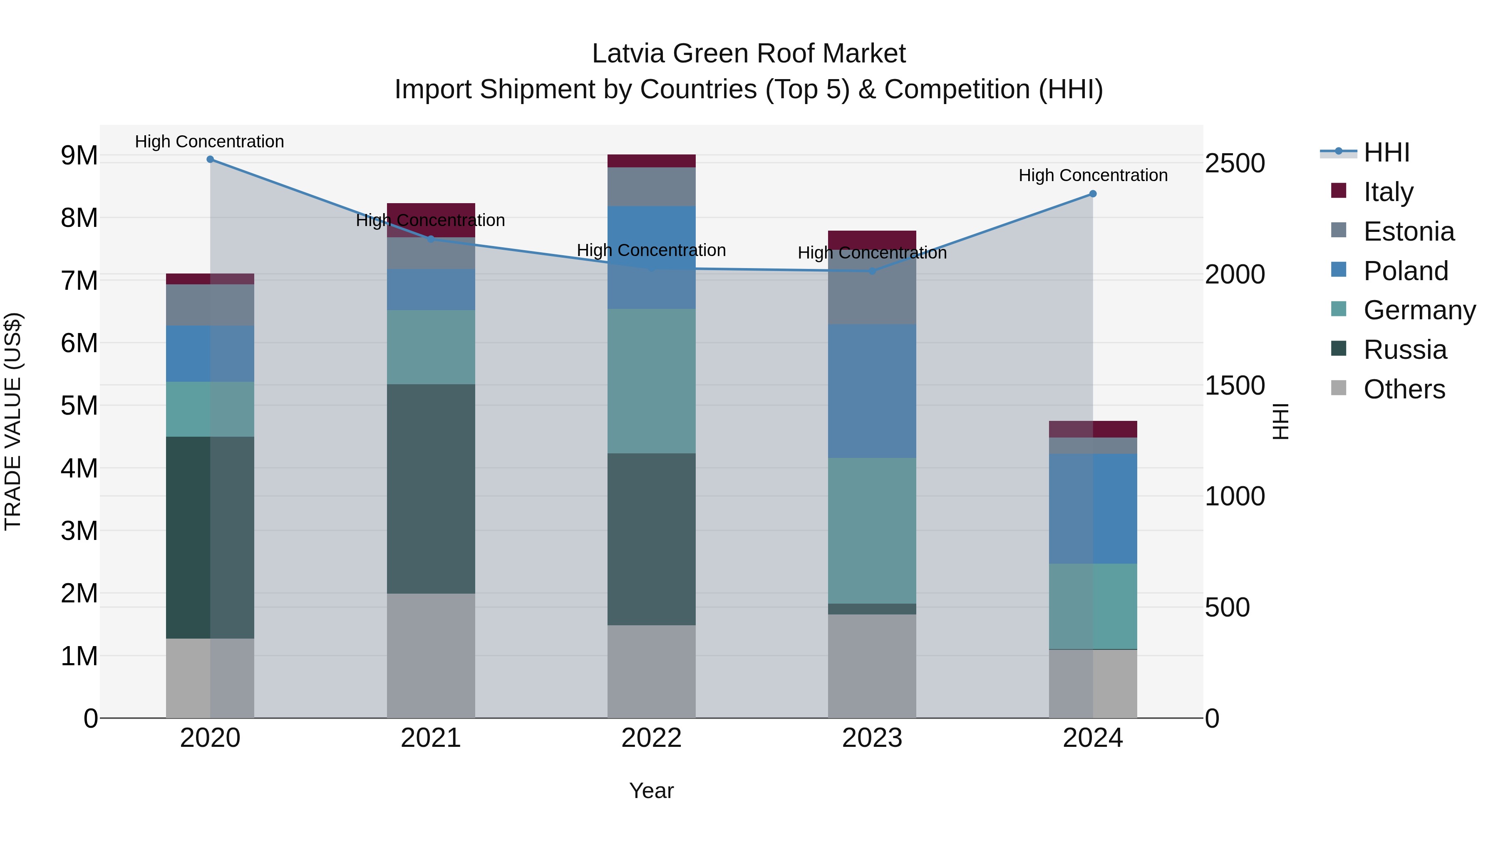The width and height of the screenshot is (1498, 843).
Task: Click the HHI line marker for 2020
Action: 210,159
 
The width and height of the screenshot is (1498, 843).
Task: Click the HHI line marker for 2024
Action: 1093,194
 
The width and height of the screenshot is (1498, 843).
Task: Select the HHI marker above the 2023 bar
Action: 872,271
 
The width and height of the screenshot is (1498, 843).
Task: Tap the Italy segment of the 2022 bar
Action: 651,161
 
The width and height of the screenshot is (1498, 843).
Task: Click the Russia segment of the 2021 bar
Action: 431,489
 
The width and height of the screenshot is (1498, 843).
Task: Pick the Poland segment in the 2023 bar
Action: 872,391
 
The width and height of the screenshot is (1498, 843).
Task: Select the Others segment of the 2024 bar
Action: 1093,684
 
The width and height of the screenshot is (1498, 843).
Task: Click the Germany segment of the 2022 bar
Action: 651,381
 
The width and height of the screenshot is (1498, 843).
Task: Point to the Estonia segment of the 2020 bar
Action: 210,305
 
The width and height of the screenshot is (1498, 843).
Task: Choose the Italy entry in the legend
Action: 1388,192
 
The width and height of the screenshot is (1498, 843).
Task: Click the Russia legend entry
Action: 1404,350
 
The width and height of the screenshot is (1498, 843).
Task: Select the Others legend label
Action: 1404,389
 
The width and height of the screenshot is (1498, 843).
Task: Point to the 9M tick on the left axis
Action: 79,155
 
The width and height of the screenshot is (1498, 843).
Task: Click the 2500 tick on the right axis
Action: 1235,164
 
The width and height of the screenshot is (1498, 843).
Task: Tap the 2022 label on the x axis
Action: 651,738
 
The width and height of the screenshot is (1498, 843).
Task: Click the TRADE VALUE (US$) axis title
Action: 13,421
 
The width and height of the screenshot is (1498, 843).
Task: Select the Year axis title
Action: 651,791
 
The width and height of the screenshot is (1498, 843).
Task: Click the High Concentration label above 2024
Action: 1093,175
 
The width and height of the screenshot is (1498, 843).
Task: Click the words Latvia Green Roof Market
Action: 749,54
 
